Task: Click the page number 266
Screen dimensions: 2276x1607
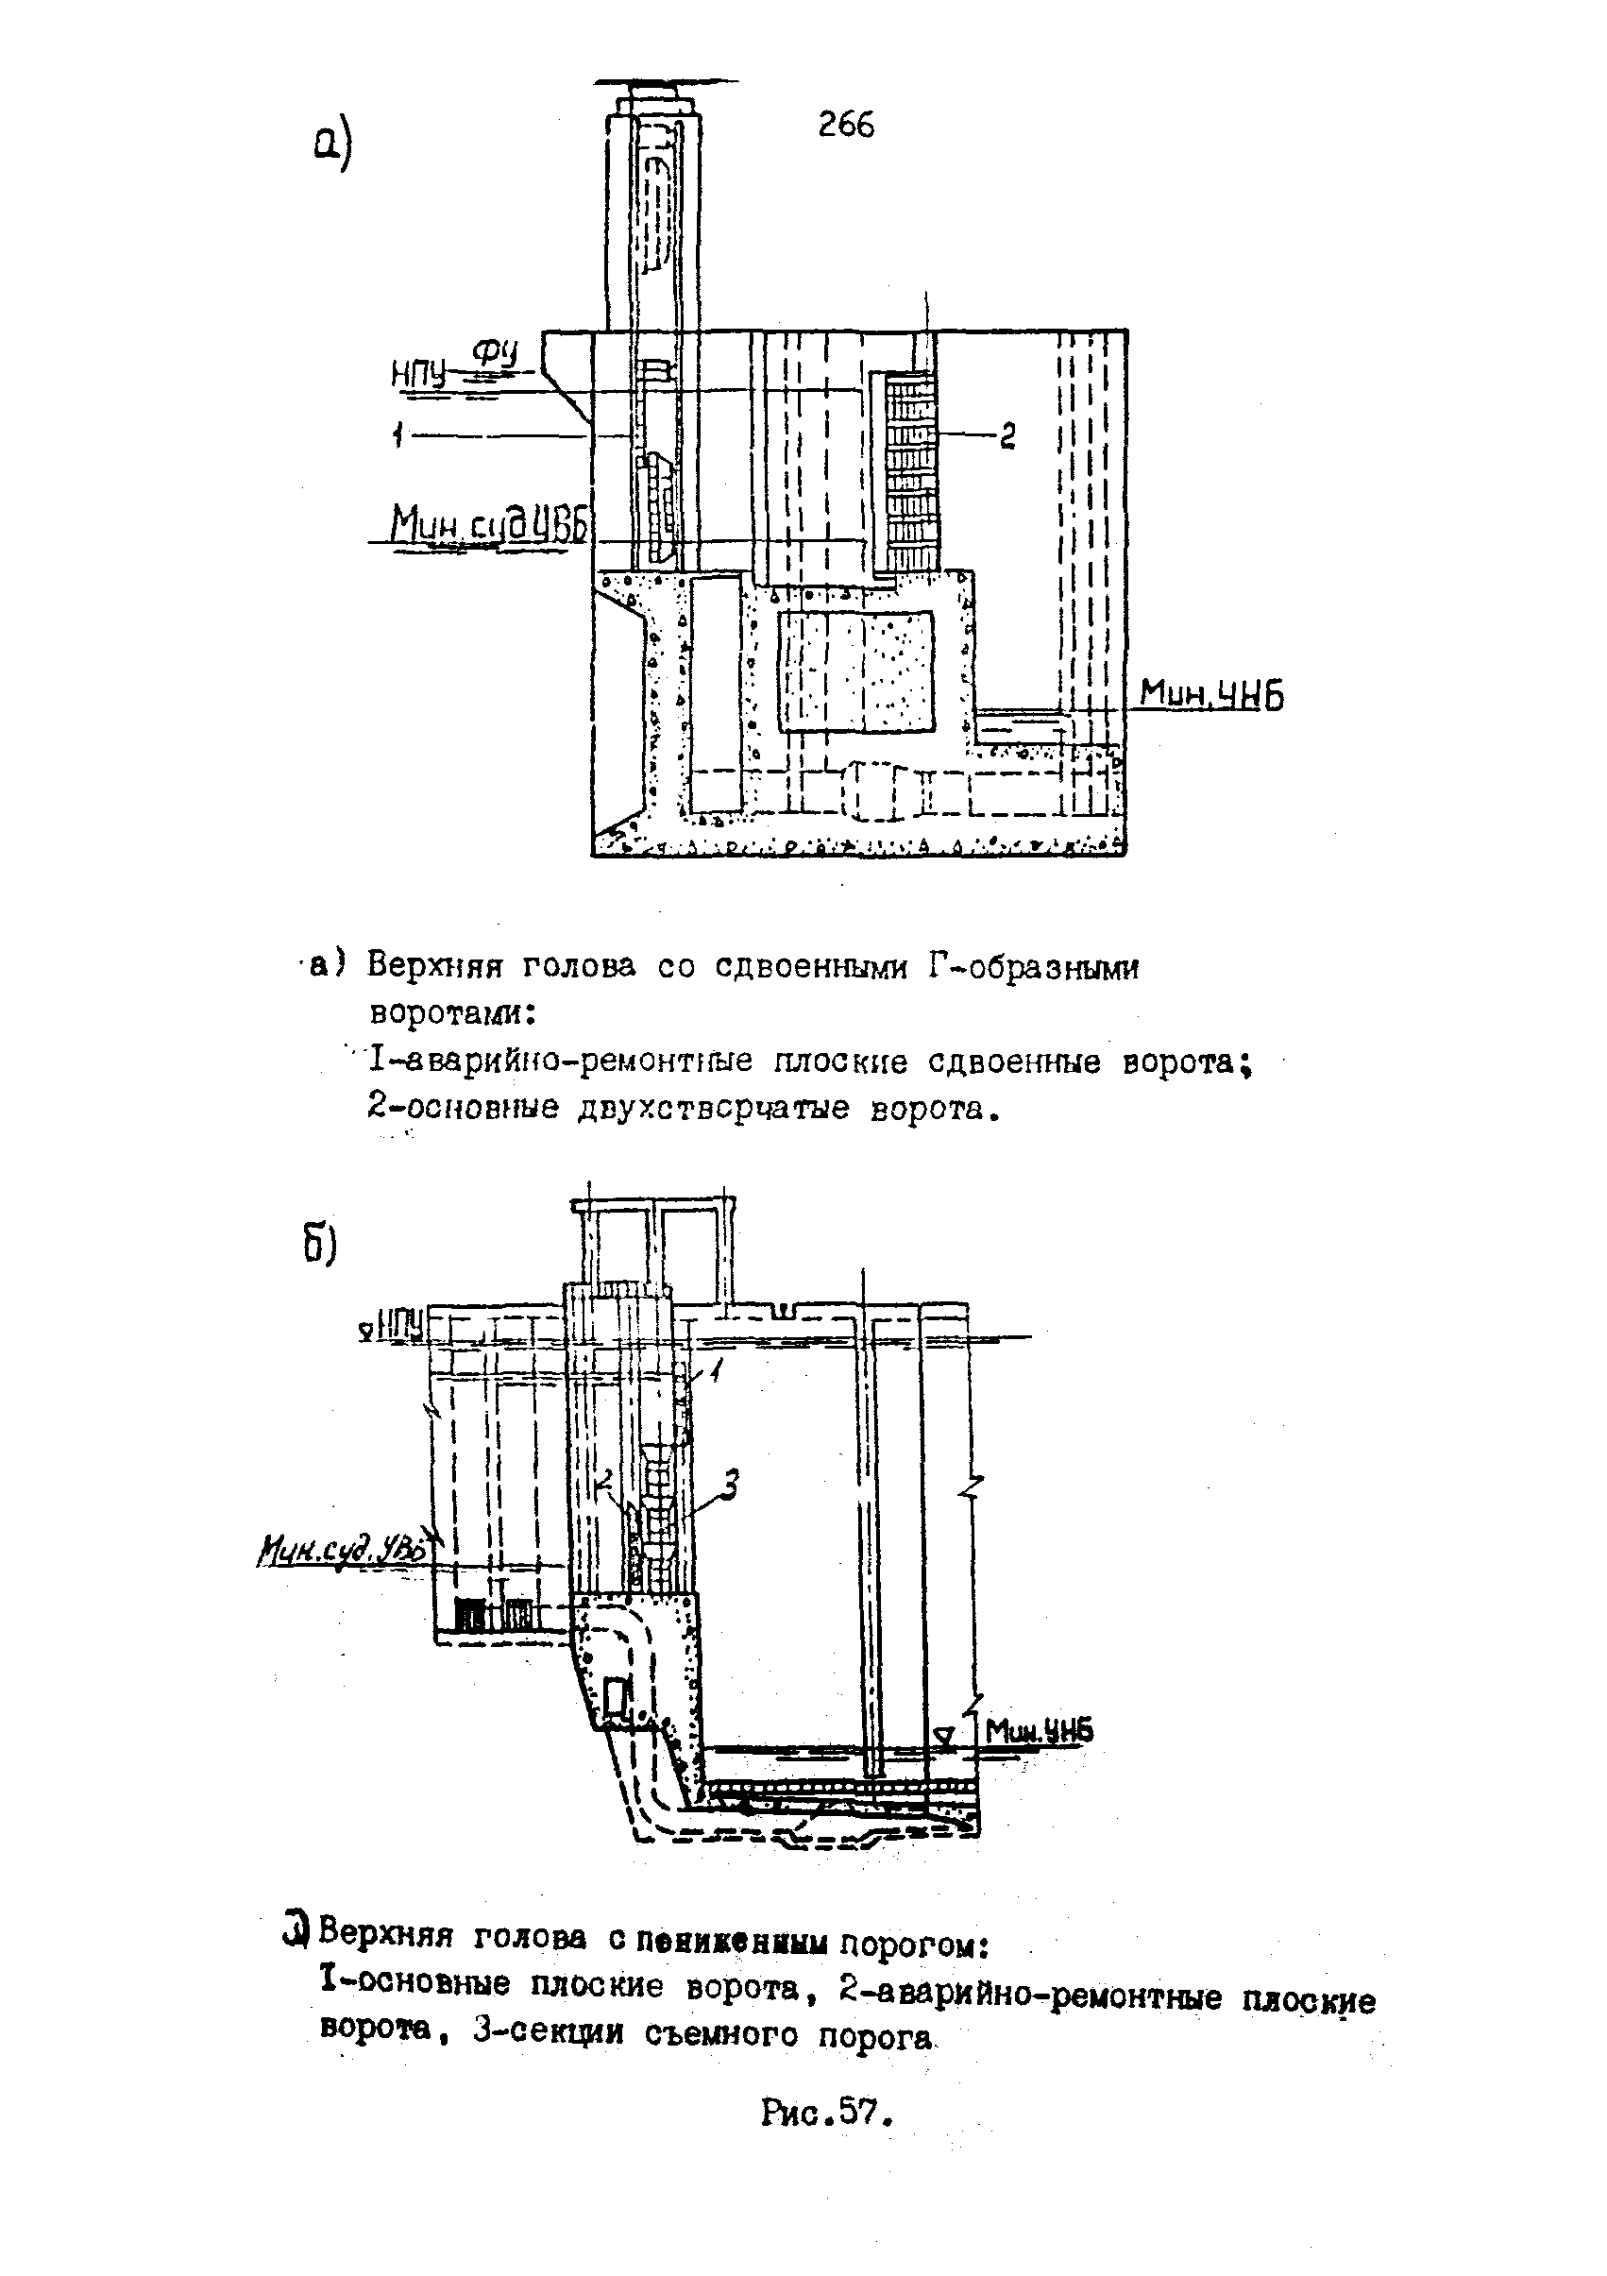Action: pos(846,125)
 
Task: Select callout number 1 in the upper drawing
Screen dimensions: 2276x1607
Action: pos(398,433)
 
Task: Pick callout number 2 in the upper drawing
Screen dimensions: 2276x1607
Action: pos(1007,435)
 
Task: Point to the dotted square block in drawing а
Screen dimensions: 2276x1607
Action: pos(854,672)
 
